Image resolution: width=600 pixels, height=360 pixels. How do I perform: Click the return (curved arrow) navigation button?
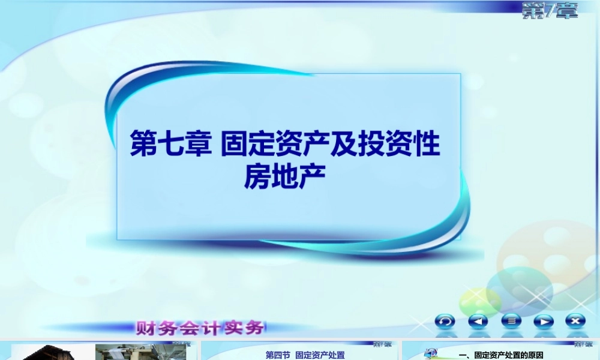click(x=445, y=321)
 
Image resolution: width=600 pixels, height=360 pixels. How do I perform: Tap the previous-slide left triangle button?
click(x=478, y=321)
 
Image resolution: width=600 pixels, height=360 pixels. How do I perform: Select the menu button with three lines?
click(x=511, y=321)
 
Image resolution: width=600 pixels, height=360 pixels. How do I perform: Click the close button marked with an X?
click(x=575, y=321)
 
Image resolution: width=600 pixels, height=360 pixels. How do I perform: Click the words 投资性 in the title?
click(x=407, y=146)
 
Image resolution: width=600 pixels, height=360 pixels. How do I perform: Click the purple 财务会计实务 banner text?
click(x=200, y=328)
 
